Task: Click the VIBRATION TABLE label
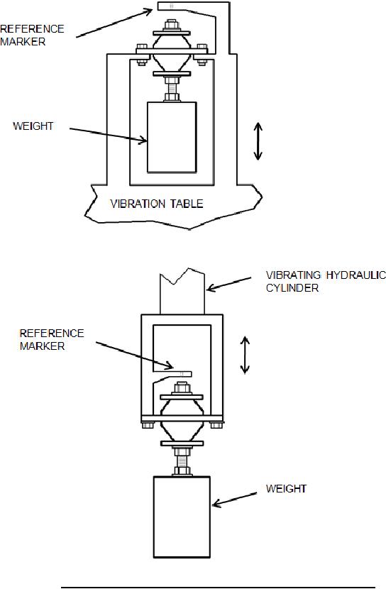157,204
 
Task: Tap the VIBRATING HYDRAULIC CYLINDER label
326,281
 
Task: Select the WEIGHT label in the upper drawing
33,126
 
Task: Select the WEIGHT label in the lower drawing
286,488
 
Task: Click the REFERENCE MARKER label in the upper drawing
33,35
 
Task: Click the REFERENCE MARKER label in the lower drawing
52,340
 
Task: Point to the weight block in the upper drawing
172,137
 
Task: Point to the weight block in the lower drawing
182,517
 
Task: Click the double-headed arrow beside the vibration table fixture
258,141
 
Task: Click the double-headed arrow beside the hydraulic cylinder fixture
245,355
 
